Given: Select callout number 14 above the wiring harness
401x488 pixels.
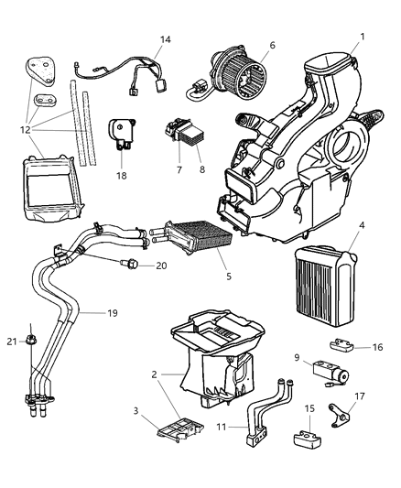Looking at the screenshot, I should pos(165,39).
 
